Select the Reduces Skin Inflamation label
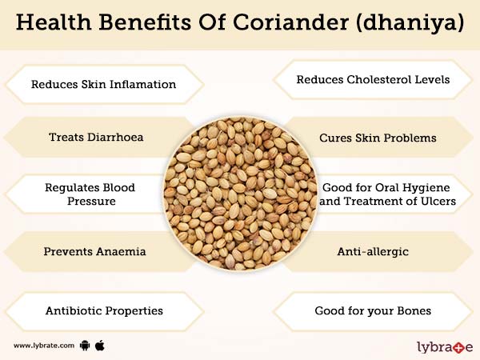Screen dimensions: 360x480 [x=103, y=84]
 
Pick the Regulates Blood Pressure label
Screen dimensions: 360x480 [x=90, y=194]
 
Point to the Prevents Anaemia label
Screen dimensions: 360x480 [x=94, y=251]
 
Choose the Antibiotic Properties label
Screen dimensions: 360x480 [x=103, y=310]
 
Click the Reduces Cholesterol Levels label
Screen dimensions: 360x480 [x=373, y=80]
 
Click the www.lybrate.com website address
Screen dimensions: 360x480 [x=44, y=346]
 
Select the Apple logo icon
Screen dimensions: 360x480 [x=100, y=345]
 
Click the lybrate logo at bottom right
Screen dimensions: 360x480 [x=445, y=346]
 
